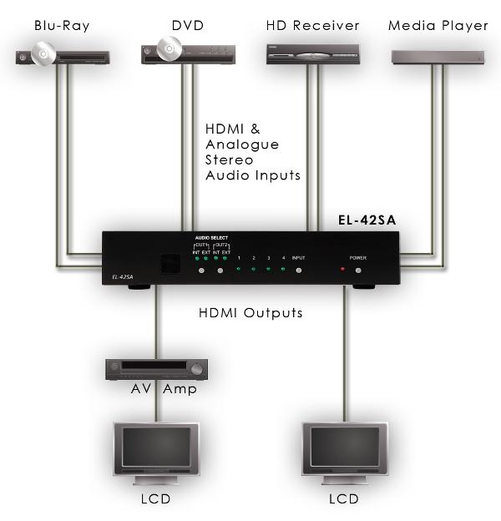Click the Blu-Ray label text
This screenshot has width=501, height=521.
coord(62,26)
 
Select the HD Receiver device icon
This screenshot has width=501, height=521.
coord(313,54)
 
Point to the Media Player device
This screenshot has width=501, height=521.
coord(438,56)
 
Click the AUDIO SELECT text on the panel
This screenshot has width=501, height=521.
coord(211,238)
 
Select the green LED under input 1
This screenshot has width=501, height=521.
coord(239,270)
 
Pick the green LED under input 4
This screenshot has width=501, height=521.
coord(283,270)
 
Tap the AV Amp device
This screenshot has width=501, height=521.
coord(156,368)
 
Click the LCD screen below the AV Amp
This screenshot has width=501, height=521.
coord(156,451)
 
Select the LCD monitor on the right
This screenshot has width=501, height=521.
coord(343,451)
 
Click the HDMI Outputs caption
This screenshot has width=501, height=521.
coord(250,314)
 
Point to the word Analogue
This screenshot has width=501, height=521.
coord(242,144)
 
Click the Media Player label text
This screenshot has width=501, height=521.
coord(438,26)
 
